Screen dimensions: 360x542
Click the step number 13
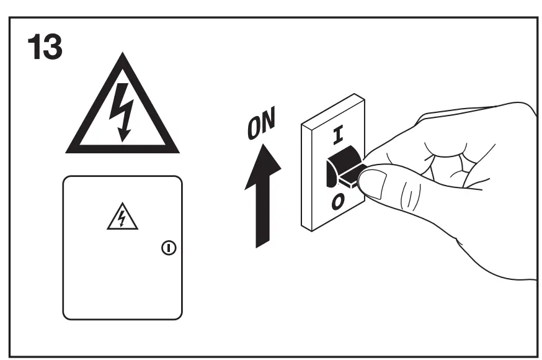45,47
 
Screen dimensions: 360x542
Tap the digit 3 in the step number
53,47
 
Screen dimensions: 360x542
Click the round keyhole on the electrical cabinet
168,248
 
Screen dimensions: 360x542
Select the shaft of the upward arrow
264,217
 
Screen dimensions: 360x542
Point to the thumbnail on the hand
375,184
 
